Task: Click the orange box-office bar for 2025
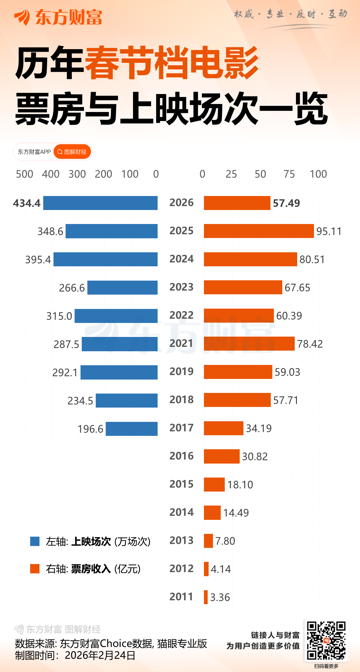(259, 231)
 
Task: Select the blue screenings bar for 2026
(100, 203)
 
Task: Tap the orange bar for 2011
(206, 597)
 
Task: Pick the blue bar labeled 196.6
(132, 429)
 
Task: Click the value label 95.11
(329, 231)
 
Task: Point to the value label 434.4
(27, 203)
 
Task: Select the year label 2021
(182, 343)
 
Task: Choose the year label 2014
(182, 512)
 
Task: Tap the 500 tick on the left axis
(25, 174)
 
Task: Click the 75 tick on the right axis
(289, 174)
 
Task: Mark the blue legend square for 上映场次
(35, 541)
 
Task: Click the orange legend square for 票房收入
(35, 568)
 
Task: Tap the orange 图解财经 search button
(72, 152)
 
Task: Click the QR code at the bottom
(326, 640)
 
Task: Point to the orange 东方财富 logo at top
(58, 17)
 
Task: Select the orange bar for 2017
(224, 428)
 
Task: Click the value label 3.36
(220, 597)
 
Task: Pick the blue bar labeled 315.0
(116, 316)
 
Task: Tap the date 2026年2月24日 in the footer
(100, 655)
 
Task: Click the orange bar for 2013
(208, 541)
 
